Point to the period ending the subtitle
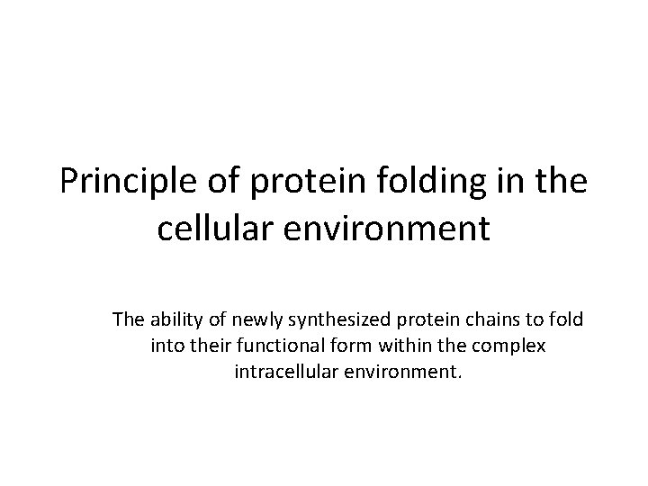(459, 375)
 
